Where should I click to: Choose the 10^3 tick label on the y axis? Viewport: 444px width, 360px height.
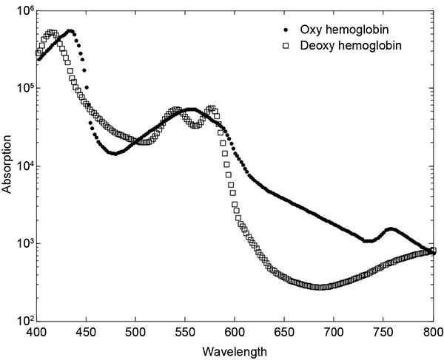tap(21, 244)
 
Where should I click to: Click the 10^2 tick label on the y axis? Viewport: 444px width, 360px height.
tap(21, 321)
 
